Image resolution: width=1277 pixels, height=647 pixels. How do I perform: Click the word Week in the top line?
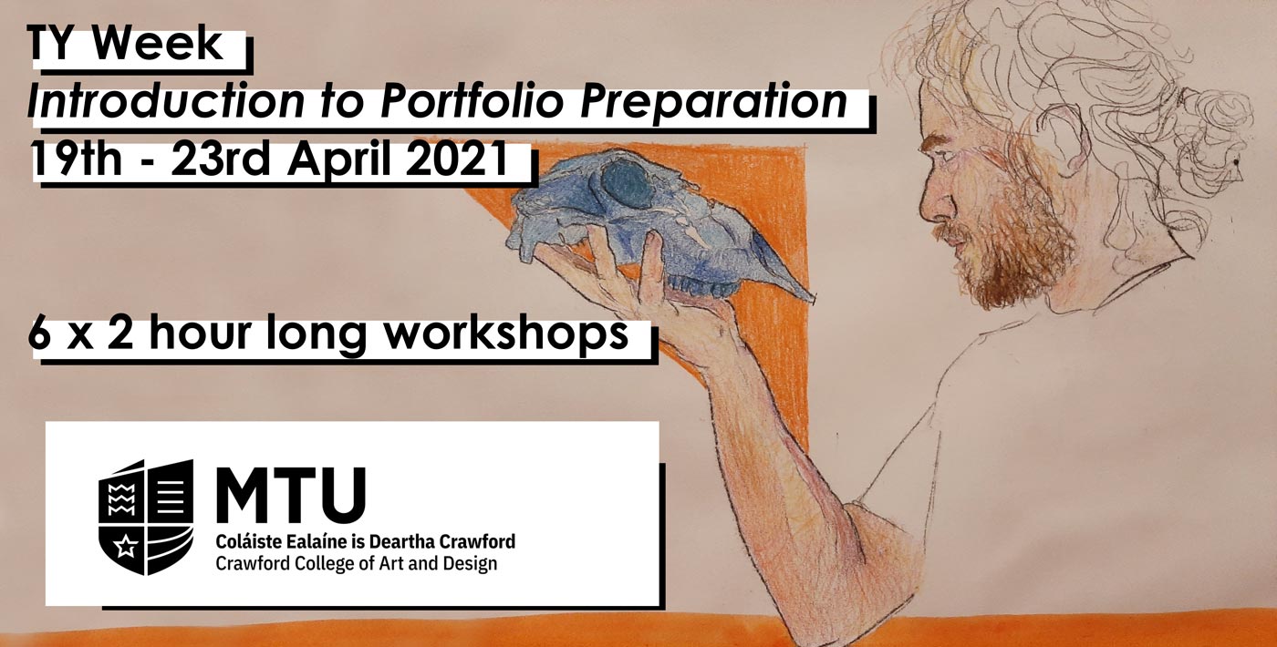coord(157,44)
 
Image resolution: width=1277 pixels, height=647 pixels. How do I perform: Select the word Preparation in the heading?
coord(713,103)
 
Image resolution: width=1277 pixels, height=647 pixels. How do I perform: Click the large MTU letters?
coord(291,495)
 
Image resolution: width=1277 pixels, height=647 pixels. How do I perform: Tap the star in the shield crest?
coord(125,548)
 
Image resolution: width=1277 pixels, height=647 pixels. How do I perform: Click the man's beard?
coord(1014,251)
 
